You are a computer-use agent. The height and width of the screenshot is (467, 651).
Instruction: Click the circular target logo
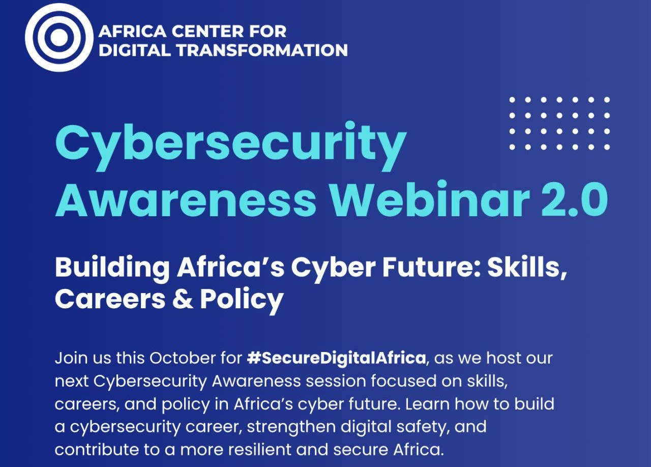[59, 37]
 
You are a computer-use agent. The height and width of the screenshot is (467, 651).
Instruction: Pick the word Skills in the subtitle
[526, 267]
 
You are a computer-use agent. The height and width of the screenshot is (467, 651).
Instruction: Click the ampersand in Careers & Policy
[183, 299]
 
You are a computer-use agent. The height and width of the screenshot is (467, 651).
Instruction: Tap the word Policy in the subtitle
[241, 300]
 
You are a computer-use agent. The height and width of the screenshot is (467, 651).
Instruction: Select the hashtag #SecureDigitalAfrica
[336, 358]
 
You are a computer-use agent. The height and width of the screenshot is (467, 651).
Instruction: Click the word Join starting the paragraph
[70, 358]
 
